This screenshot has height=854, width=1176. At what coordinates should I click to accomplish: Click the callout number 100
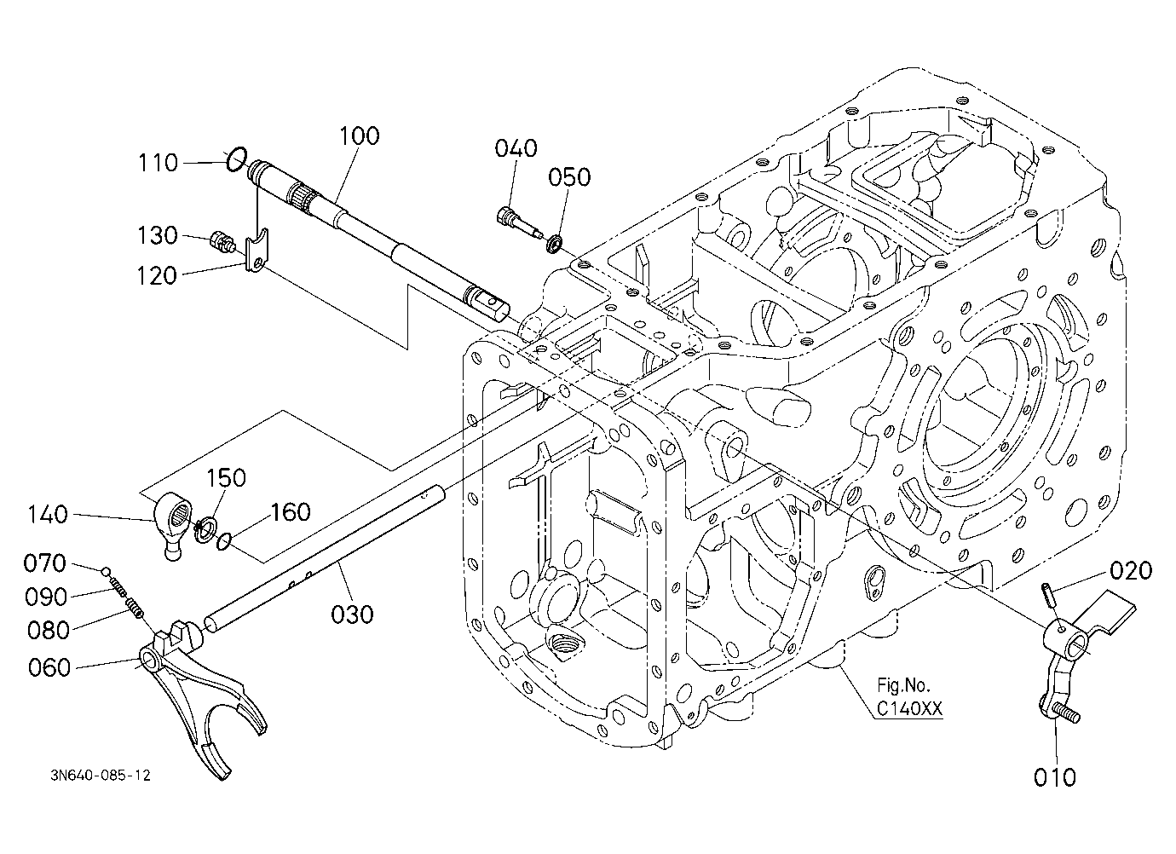359,136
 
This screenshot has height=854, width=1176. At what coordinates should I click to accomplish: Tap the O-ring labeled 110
237,159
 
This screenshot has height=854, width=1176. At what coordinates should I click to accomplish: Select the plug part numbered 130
222,241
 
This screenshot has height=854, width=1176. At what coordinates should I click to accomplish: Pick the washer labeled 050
555,245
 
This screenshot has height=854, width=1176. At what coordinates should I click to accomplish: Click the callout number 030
352,614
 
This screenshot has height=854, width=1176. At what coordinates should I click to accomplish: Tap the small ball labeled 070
106,571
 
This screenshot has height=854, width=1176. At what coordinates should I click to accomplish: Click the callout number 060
49,667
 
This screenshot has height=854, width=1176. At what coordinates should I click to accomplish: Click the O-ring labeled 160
223,541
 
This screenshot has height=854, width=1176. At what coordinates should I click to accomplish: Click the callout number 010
1055,777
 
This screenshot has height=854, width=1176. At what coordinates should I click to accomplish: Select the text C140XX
909,710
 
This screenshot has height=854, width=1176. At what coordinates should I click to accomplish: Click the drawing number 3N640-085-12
101,776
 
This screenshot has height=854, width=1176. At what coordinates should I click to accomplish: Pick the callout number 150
226,478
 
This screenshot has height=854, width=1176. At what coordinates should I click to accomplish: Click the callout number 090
46,597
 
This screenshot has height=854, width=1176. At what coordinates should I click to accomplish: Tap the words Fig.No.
903,685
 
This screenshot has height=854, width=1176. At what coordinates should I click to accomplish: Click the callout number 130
158,236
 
